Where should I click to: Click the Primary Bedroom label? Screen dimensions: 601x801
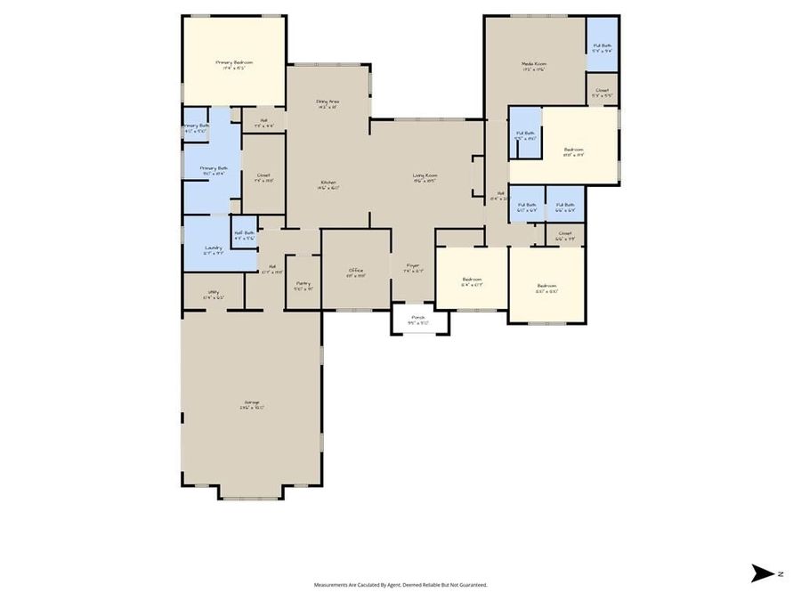[x=234, y=62]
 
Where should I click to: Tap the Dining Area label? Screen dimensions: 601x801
[x=328, y=102]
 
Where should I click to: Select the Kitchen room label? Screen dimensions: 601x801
[x=328, y=183]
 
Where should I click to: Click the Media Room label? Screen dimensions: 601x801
[x=534, y=64]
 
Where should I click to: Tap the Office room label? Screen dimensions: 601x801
[x=355, y=272]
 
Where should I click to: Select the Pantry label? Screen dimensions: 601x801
[x=303, y=285]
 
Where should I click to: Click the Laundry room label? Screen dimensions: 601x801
[x=213, y=248]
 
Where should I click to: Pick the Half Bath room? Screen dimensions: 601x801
[x=244, y=234]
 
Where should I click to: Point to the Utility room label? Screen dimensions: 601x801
[x=214, y=293]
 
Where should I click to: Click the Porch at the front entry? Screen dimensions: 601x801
[x=417, y=319]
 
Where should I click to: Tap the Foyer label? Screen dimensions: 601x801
[x=413, y=267]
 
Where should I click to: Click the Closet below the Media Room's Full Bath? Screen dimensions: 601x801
[x=603, y=90]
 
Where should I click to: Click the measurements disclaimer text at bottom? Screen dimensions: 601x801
[x=400, y=585]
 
